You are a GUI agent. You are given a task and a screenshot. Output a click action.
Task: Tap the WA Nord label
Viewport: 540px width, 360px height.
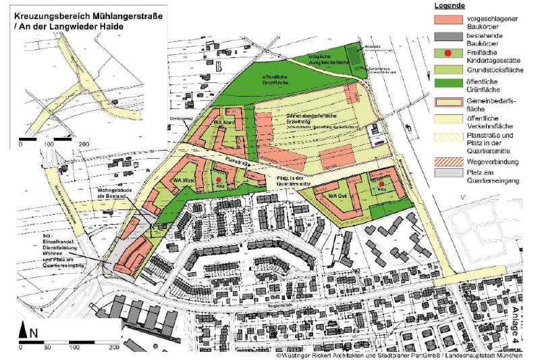pos(223,124)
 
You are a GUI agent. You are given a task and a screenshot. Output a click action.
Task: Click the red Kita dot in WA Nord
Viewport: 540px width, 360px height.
pos(228,113)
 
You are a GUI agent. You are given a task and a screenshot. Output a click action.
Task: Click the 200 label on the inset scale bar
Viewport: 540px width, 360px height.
pos(84,145)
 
